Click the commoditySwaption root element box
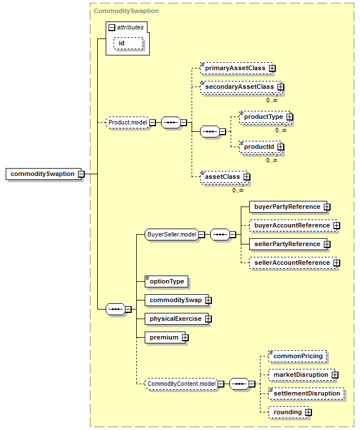(44, 174)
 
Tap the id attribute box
(128, 44)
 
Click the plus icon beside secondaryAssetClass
(280, 87)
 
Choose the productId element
(260, 147)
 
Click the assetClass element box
(224, 177)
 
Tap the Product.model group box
(128, 122)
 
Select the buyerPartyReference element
(288, 207)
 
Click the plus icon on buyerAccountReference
(337, 225)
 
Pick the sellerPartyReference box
(288, 244)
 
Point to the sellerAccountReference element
(293, 263)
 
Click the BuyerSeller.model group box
(172, 234)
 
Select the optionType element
(166, 281)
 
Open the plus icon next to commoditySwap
(208, 300)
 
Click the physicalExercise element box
(176, 319)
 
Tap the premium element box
(165, 338)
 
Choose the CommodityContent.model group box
(181, 384)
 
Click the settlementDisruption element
(306, 394)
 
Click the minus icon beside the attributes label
(111, 27)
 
